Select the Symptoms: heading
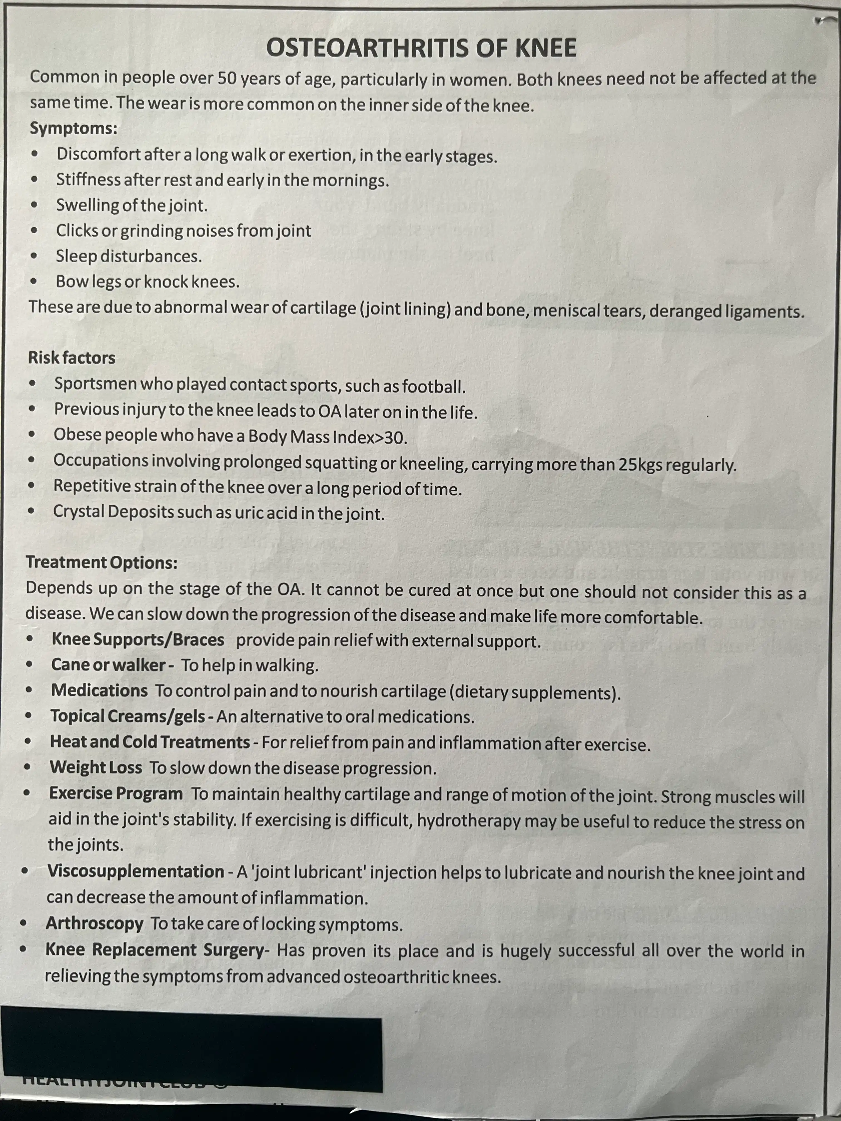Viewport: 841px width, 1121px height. click(x=73, y=128)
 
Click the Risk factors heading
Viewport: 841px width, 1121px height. click(x=71, y=358)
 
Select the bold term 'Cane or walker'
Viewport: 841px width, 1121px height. click(x=108, y=665)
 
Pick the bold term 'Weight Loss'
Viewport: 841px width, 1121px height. click(x=96, y=767)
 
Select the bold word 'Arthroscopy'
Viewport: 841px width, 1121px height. click(x=95, y=923)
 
